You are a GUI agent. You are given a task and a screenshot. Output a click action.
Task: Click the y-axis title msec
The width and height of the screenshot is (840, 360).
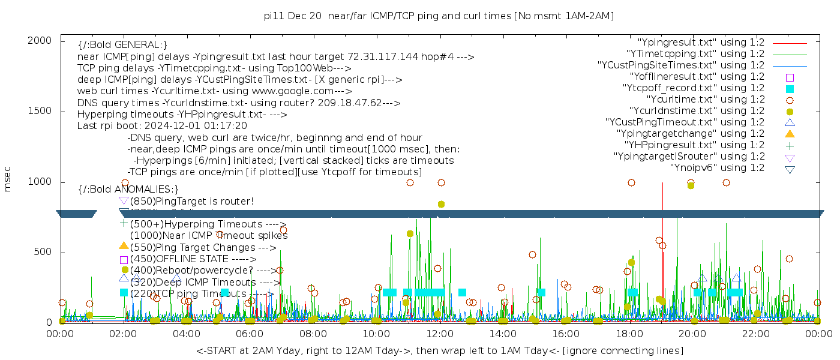[8, 179]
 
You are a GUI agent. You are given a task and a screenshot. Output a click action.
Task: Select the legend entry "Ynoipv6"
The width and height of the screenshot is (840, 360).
[717, 167]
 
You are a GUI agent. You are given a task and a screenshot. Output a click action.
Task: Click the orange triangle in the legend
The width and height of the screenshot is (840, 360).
[790, 134]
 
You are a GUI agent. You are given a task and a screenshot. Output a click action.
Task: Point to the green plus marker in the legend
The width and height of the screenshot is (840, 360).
[790, 145]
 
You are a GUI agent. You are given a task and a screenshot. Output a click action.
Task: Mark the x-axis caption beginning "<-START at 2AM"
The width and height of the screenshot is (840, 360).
[439, 350]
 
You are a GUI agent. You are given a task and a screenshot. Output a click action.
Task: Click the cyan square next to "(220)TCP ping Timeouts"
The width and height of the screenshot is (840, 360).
[124, 293]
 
